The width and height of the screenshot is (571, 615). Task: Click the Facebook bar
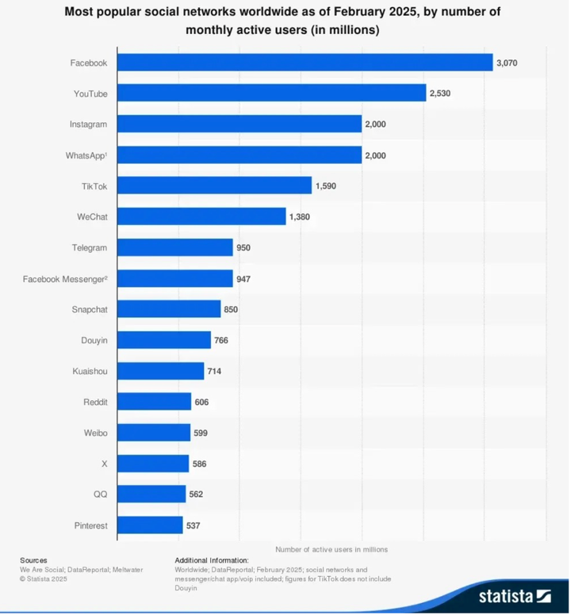305,63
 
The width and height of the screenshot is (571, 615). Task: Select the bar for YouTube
272,94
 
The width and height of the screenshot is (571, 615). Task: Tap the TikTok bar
214,185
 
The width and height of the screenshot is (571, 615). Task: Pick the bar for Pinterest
150,525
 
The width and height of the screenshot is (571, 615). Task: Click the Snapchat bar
169,309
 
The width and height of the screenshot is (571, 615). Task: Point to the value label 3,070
508,63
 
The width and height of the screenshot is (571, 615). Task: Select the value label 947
243,278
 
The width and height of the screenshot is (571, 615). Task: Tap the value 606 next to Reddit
201,402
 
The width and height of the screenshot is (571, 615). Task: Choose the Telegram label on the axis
89,247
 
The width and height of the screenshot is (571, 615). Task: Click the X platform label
104,464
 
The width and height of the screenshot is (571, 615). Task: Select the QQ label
100,495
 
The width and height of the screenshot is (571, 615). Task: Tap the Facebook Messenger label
65,278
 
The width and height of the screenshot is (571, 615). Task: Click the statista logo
515,595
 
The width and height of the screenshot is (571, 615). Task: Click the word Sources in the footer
33,560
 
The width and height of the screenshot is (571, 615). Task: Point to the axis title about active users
331,548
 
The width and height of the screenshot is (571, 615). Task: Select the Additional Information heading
212,560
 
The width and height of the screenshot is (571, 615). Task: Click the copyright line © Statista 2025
44,579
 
